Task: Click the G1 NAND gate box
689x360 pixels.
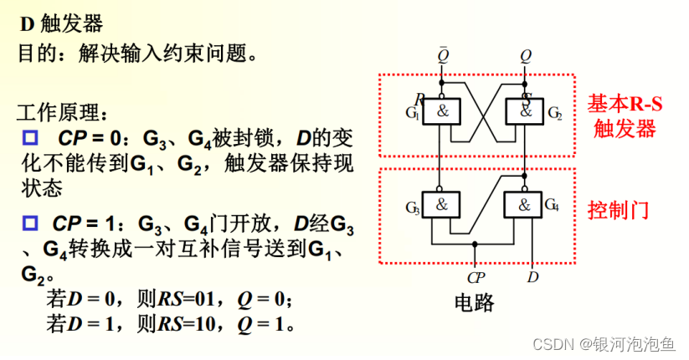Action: [x=441, y=112]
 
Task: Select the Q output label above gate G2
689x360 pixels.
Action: [x=525, y=57]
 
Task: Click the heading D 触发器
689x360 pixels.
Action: [x=56, y=24]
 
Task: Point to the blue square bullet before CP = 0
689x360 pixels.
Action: [x=31, y=136]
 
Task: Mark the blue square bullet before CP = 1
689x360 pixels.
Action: [x=31, y=224]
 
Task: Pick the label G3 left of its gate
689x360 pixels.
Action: [x=412, y=207]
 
